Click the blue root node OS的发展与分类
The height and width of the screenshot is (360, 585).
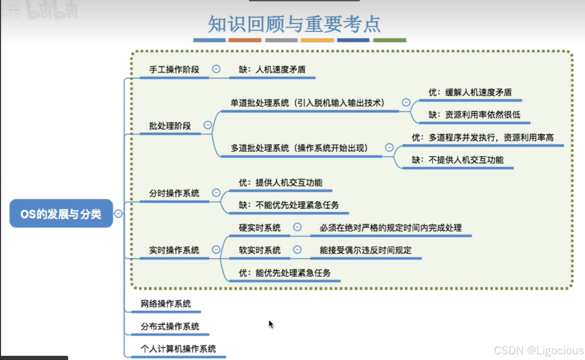tap(61, 214)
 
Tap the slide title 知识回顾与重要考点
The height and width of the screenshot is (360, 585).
tap(294, 24)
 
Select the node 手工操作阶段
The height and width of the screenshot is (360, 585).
tap(174, 70)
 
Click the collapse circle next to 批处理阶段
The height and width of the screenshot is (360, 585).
tap(208, 125)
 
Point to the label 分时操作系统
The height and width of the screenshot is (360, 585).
tap(174, 193)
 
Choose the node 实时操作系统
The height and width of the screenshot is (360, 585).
tap(174, 250)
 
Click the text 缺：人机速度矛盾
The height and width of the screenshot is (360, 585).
tap(272, 70)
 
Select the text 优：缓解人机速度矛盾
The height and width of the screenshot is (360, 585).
tap(470, 92)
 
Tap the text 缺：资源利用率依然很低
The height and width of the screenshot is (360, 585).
tap(474, 115)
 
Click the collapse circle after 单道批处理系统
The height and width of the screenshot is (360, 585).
tap(406, 102)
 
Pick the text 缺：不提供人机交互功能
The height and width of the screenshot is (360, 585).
tap(457, 160)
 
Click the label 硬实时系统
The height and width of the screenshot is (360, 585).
tap(259, 228)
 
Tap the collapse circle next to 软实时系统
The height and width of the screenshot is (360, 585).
tap(297, 250)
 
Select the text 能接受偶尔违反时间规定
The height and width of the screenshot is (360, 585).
tap(365, 250)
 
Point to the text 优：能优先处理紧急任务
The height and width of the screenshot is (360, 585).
tap(284, 273)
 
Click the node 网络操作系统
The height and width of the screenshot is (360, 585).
tap(166, 304)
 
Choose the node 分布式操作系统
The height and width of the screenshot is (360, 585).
tap(170, 327)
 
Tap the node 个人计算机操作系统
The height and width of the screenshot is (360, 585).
tap(178, 349)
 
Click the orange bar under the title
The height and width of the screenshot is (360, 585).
tap(245, 40)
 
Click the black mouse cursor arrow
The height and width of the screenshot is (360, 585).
tap(271, 324)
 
